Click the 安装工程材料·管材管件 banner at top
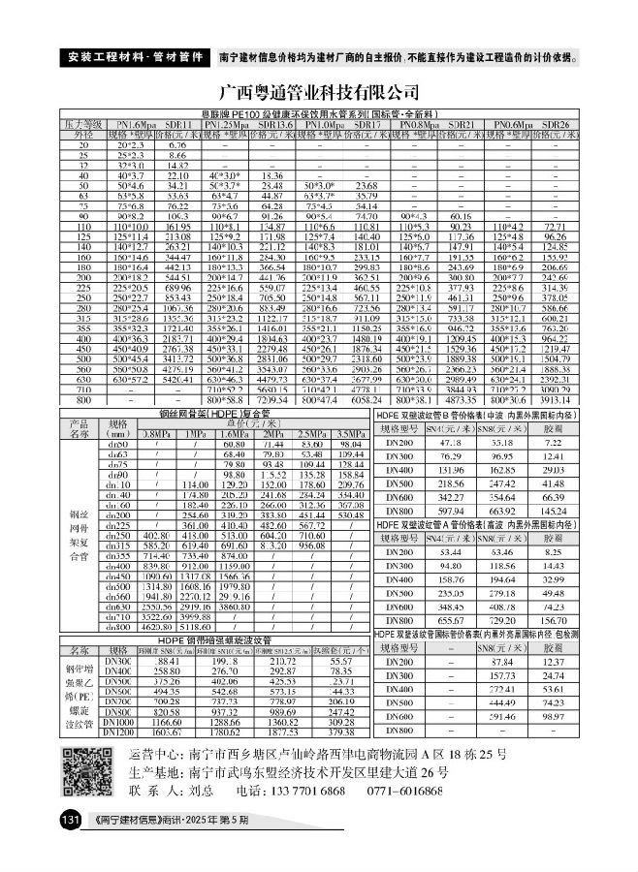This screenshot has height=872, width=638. tap(136, 56)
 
